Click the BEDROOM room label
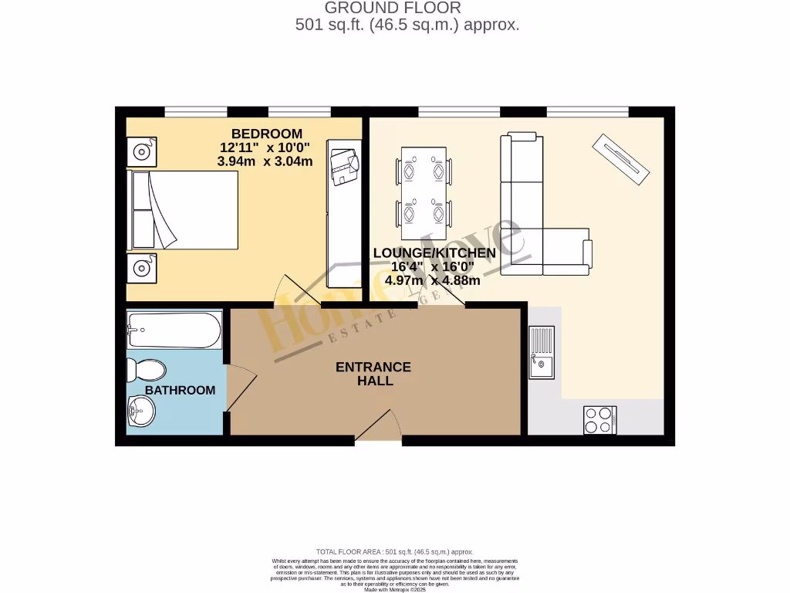coord(266,134)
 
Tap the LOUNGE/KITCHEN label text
coord(434,253)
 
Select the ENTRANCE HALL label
coord(373,374)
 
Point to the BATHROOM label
coord(181,391)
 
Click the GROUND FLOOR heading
coord(393,8)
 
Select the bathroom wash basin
coord(140,411)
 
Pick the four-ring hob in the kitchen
coord(599,420)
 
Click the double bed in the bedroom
coord(184,210)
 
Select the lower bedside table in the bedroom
coord(142,268)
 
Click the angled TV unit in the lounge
coord(620,159)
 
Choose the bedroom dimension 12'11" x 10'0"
coord(266,147)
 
